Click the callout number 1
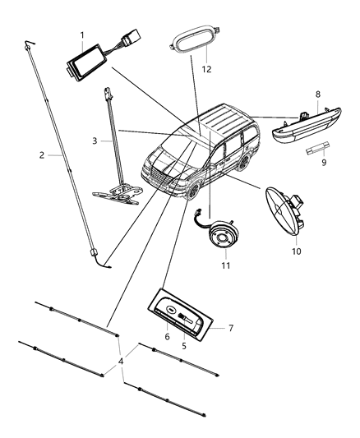click(81, 35)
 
